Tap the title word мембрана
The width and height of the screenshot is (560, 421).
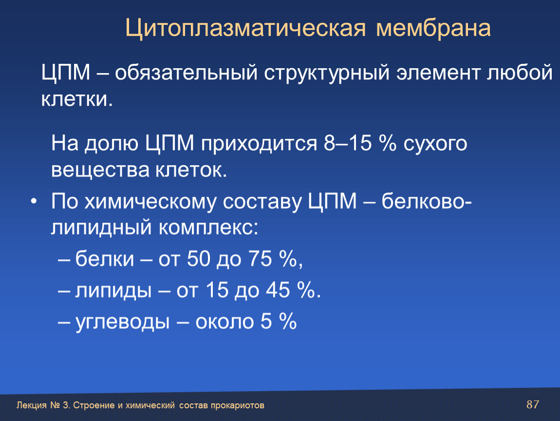click(x=433, y=28)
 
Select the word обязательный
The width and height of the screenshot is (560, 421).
click(x=186, y=73)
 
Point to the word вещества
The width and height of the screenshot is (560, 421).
click(x=100, y=170)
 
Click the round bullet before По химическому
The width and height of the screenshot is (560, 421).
click(x=34, y=202)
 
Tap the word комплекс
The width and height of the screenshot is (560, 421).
click(x=208, y=227)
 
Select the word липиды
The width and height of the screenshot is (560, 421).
click(x=113, y=290)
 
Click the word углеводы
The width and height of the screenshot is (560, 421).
click(x=122, y=322)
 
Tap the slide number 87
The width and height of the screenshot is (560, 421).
click(x=533, y=404)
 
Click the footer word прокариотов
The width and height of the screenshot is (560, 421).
click(x=238, y=405)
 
